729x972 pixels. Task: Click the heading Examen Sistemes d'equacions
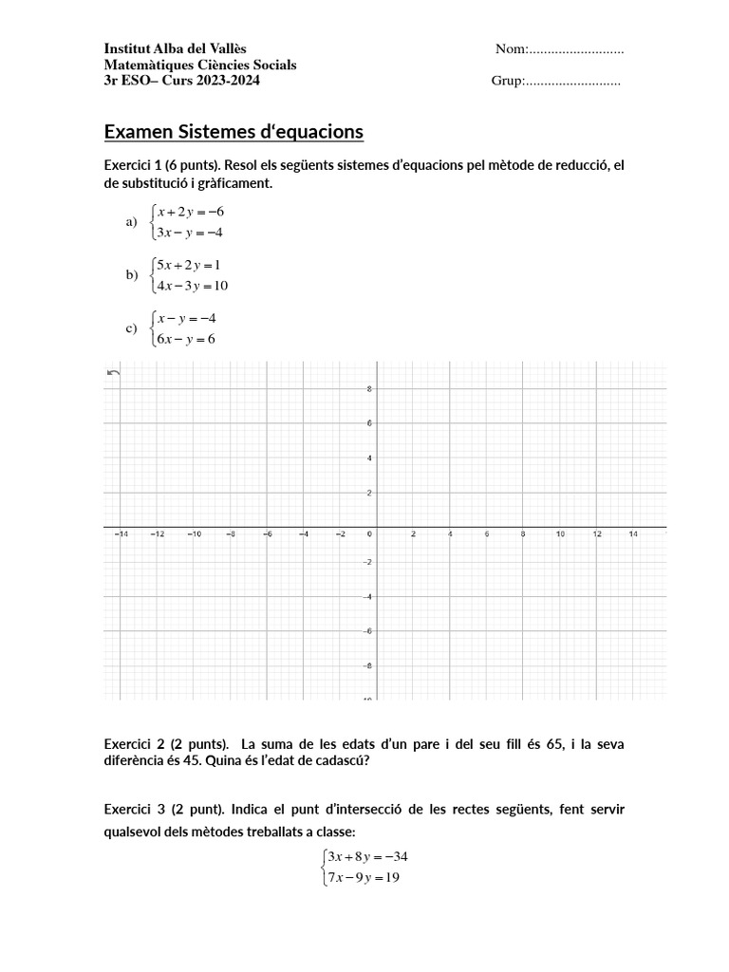pos(233,131)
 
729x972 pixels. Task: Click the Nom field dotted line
pos(576,49)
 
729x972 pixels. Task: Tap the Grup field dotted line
pos(572,82)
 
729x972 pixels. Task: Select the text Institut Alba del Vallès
pos(180,49)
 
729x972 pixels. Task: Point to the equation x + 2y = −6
pos(190,212)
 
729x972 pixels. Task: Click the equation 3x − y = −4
pos(190,233)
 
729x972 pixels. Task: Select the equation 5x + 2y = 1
pos(189,265)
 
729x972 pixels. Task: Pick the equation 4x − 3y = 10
pos(193,286)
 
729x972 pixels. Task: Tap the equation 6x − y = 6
pos(187,339)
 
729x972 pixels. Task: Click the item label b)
pos(132,275)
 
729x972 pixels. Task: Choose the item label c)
pos(132,328)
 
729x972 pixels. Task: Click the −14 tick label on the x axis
pos(121,534)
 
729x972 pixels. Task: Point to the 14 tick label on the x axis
pos(633,534)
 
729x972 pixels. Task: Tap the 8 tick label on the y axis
pos(369,389)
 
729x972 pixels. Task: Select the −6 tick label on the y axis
pos(367,631)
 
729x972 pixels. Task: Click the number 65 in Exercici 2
pos(555,743)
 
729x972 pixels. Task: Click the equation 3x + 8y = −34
pos(366,856)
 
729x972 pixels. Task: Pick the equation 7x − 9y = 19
pos(363,878)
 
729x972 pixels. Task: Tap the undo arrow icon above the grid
pos(114,373)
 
